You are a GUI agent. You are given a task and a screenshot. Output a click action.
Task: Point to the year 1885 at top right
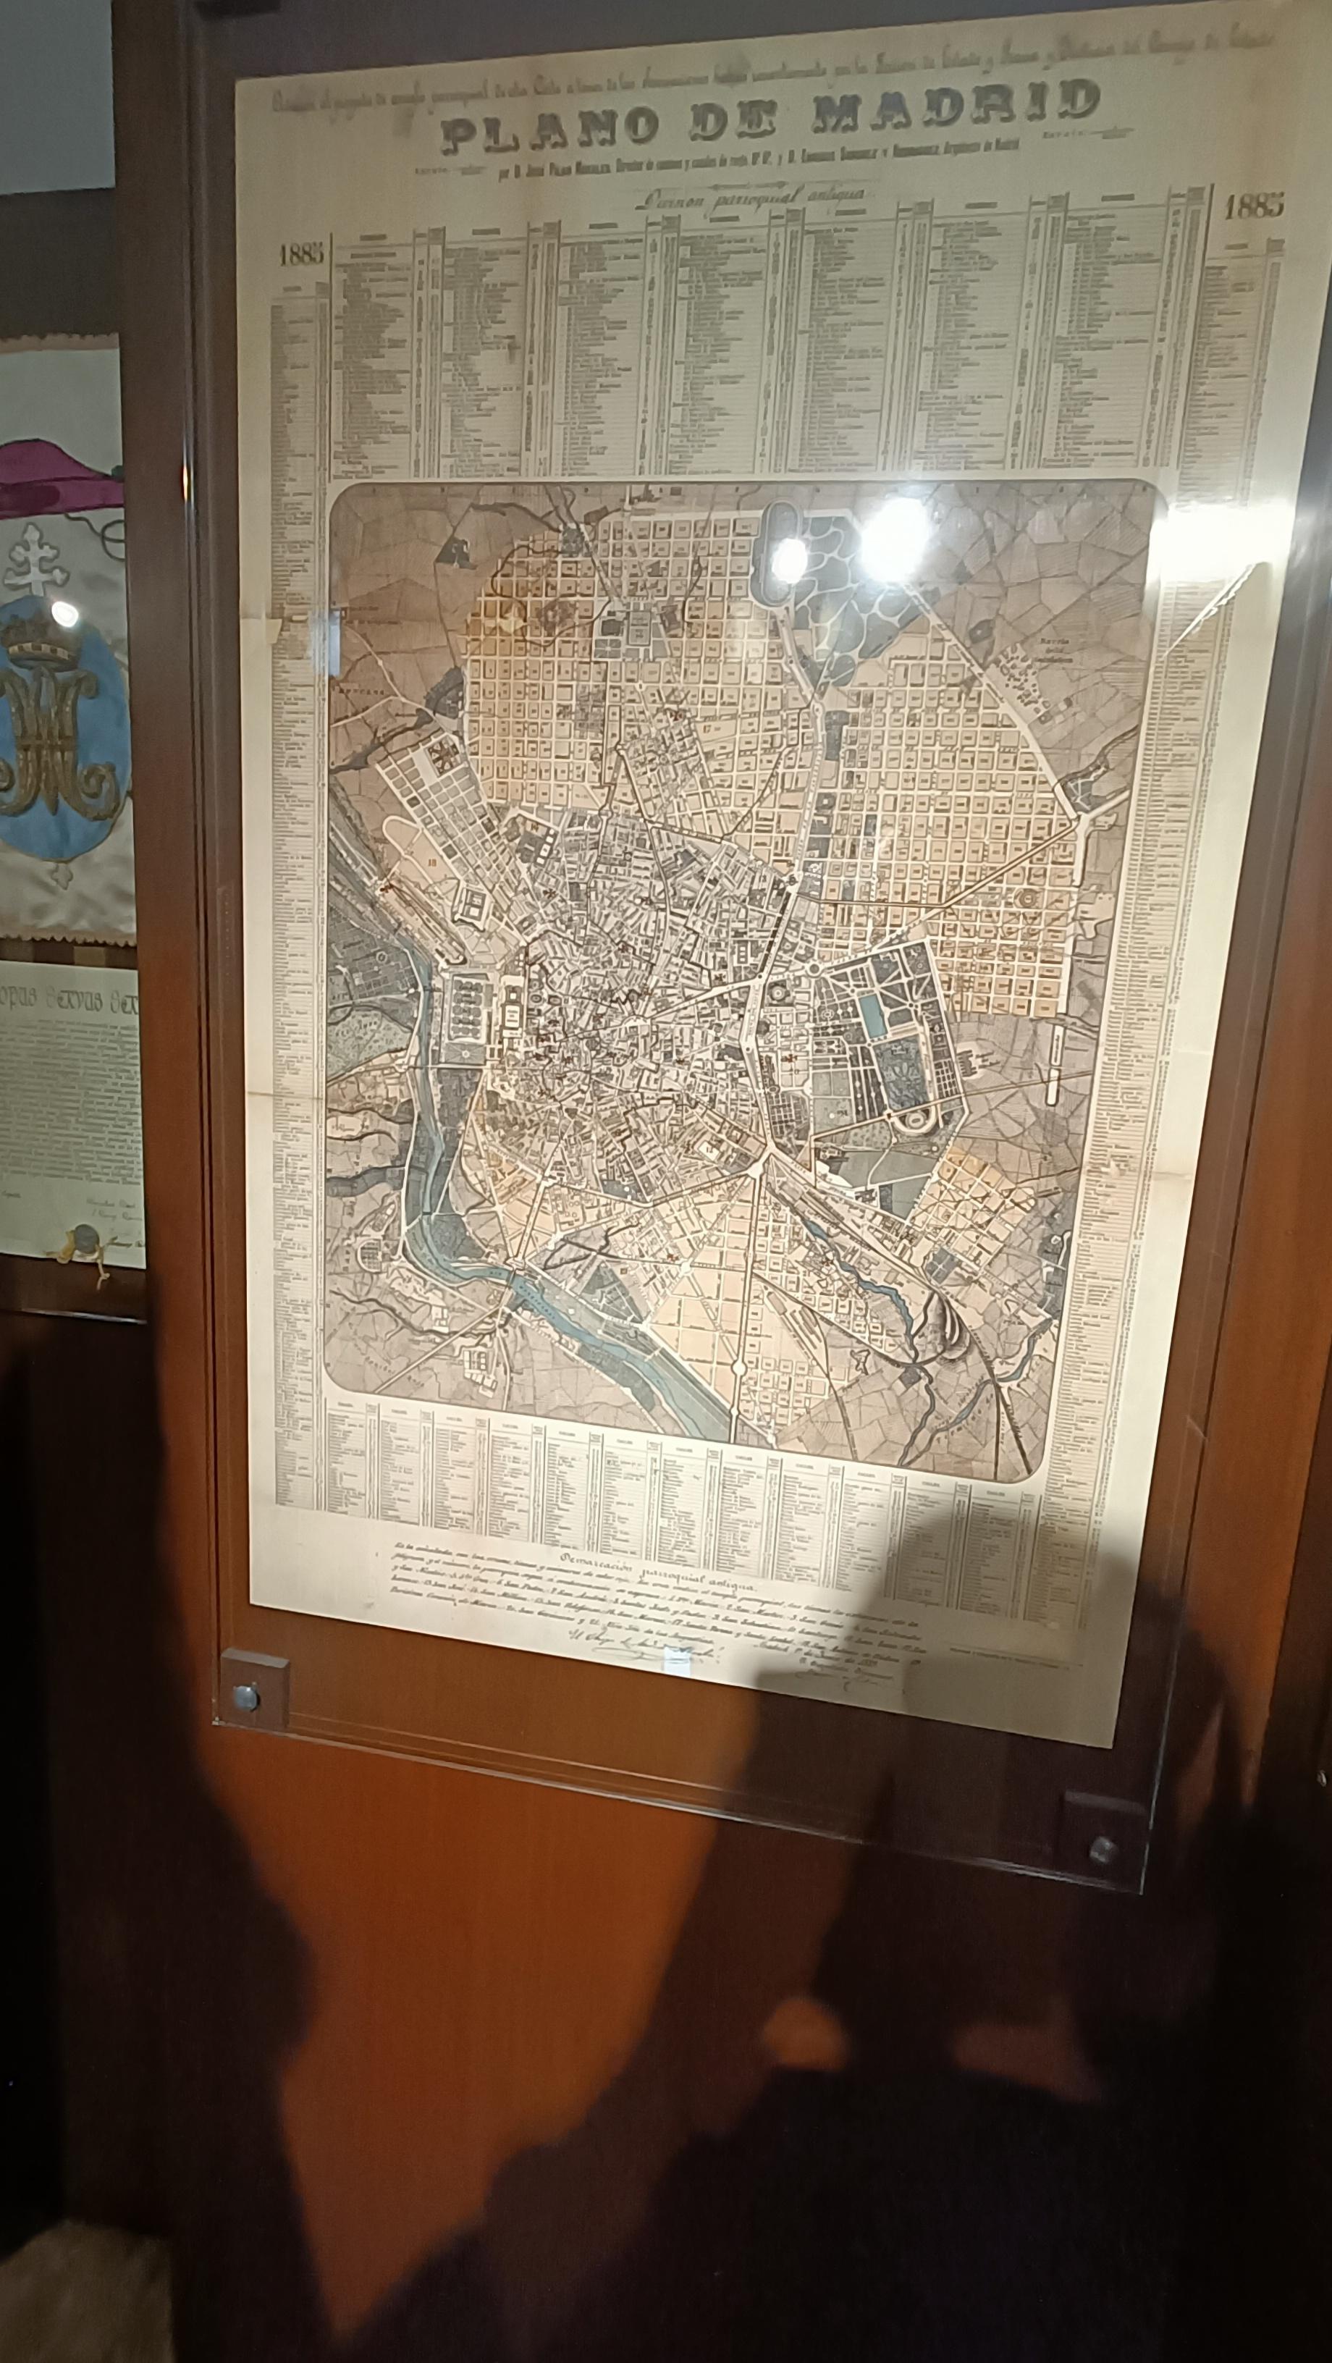pyautogui.click(x=1253, y=206)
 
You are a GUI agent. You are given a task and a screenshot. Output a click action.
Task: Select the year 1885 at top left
pyautogui.click(x=302, y=254)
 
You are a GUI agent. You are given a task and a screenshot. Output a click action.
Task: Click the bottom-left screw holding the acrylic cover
pyautogui.click(x=246, y=1696)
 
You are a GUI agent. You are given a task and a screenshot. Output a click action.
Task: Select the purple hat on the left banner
pyautogui.click(x=55, y=477)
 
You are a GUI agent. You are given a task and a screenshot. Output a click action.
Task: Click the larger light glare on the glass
pyautogui.click(x=895, y=532)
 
